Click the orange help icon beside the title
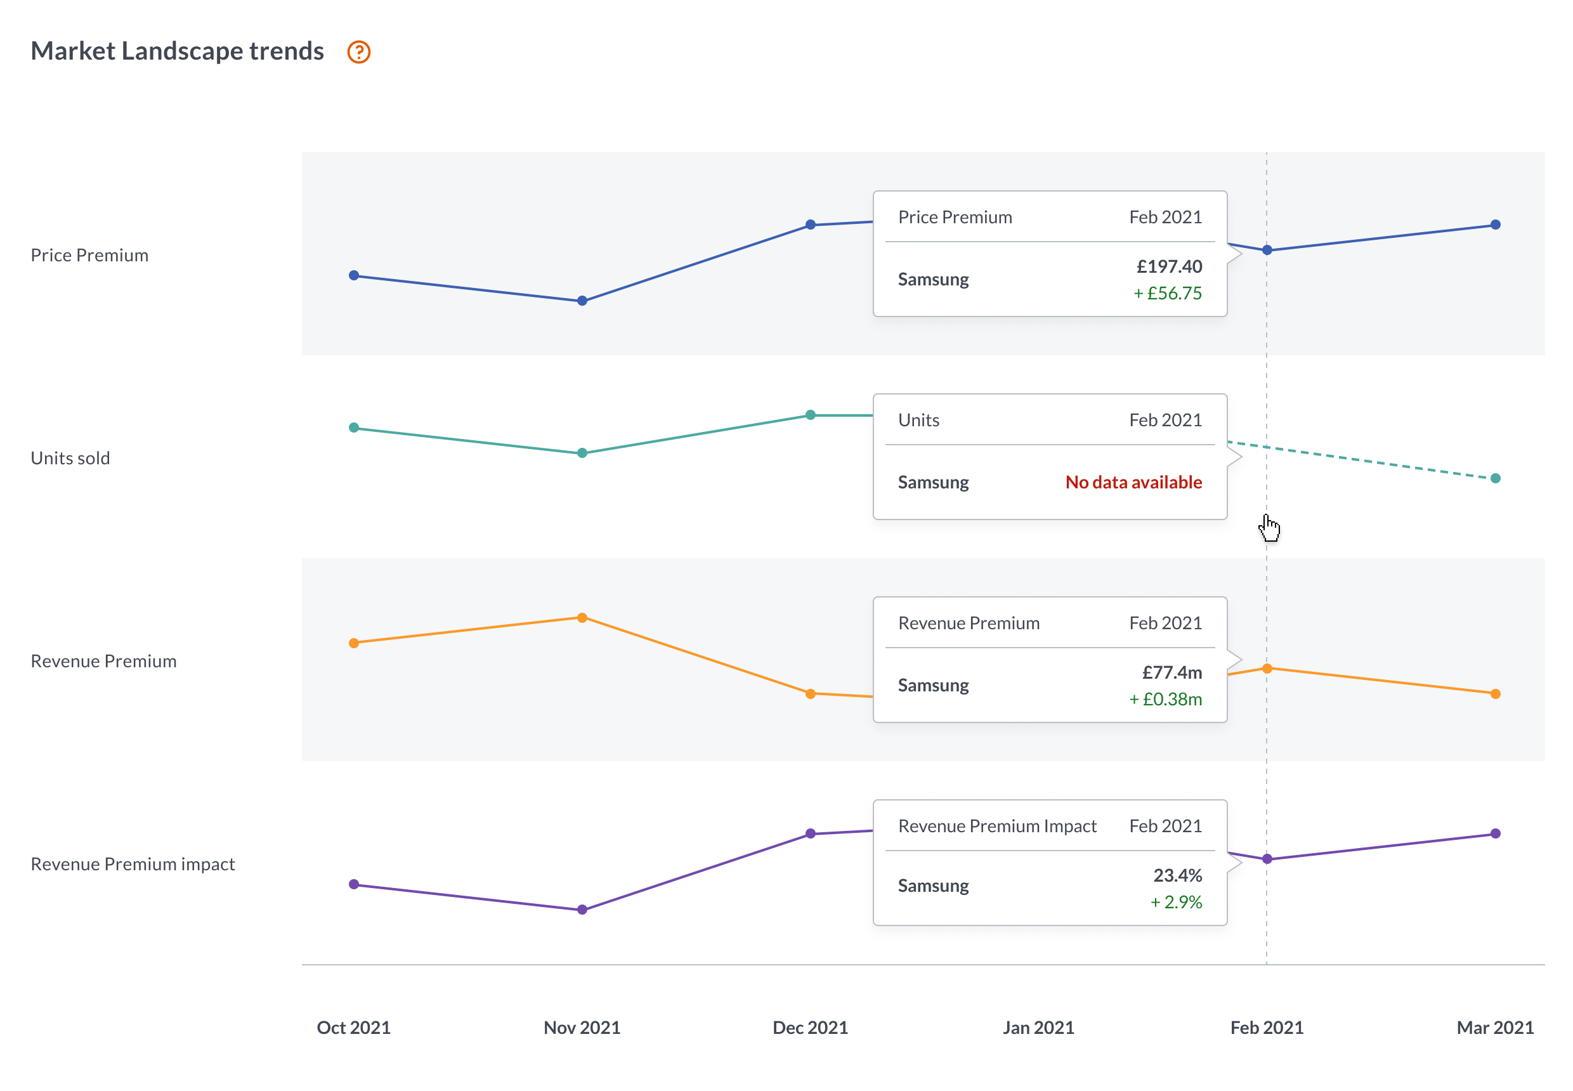(x=359, y=52)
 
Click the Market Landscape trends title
(x=177, y=51)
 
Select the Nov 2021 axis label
(x=582, y=1028)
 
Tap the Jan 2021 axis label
(x=1038, y=1028)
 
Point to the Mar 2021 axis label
(x=1495, y=1028)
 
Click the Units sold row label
(x=70, y=458)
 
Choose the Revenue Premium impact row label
(x=133, y=864)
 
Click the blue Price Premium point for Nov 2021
(x=582, y=301)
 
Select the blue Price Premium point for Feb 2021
(x=1267, y=250)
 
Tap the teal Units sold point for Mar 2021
(x=1495, y=478)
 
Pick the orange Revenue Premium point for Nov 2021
(x=582, y=618)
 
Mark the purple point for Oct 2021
(x=354, y=885)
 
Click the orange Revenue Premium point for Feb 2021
(x=1267, y=669)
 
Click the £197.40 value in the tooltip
(x=1169, y=266)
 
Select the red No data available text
(x=1133, y=482)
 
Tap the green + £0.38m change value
(x=1165, y=698)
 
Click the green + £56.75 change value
(x=1167, y=292)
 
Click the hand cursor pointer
(x=1269, y=528)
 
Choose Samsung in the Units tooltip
(x=933, y=482)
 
